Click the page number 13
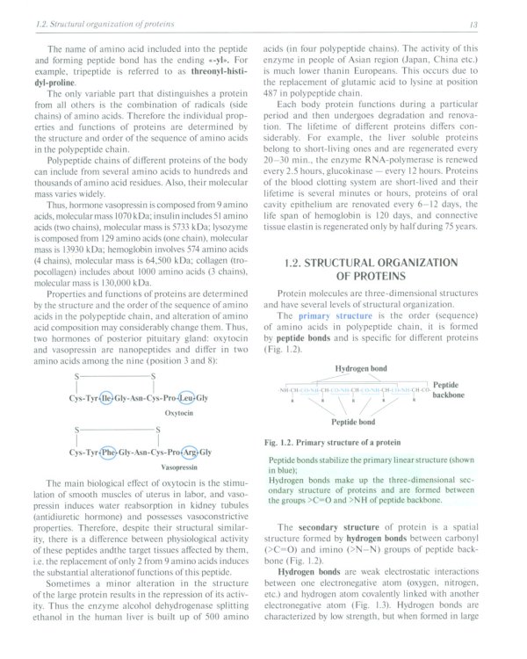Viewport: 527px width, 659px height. (x=497, y=24)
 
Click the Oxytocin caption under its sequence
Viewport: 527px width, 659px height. (x=154, y=411)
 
